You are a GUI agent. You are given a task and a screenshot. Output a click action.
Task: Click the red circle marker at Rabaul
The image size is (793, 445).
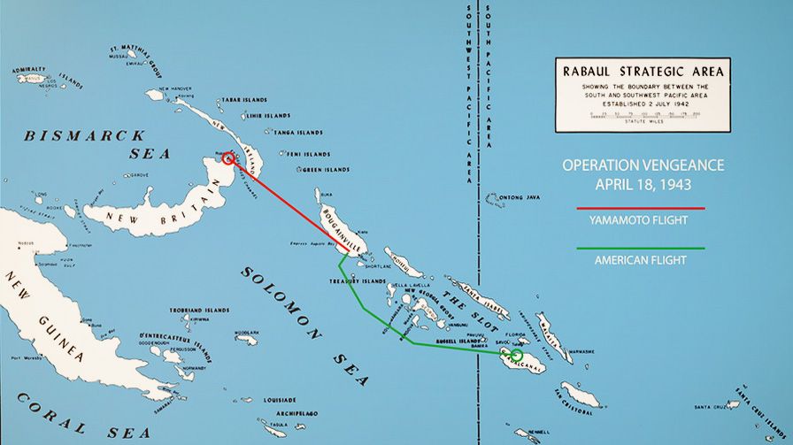pyautogui.click(x=228, y=158)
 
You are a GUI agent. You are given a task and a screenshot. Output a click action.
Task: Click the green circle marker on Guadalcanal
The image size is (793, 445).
pyautogui.click(x=517, y=355)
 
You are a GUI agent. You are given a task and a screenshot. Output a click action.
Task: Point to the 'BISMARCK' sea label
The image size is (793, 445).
pyautogui.click(x=84, y=136)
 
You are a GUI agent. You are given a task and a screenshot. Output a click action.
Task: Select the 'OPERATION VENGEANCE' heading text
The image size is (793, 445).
pyautogui.click(x=643, y=165)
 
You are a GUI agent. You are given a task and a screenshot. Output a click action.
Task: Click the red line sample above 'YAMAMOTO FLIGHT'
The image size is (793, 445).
pyautogui.click(x=640, y=209)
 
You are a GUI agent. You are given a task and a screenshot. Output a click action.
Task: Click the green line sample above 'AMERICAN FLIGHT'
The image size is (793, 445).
pyautogui.click(x=640, y=248)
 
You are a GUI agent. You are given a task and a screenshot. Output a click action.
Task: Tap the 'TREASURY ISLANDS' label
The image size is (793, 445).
pyautogui.click(x=357, y=280)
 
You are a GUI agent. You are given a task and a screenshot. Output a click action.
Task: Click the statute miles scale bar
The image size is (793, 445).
pyautogui.click(x=643, y=117)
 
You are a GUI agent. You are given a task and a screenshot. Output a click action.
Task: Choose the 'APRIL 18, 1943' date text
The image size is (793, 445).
pyautogui.click(x=643, y=185)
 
